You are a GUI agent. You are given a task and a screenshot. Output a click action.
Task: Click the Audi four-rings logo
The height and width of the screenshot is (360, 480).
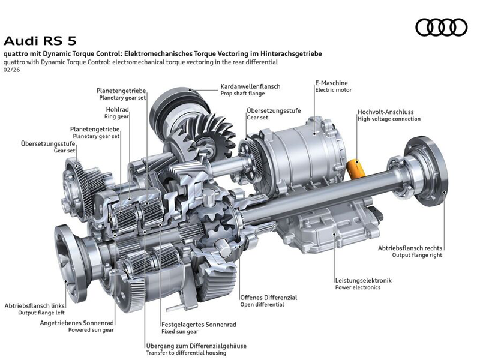click(x=441, y=27)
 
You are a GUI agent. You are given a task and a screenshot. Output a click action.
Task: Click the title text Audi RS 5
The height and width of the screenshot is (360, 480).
click(x=40, y=41)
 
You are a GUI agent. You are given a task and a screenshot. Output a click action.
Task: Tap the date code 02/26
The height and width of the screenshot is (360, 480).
click(x=11, y=70)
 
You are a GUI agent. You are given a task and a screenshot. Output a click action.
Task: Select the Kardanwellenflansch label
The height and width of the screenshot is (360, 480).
click(x=250, y=86)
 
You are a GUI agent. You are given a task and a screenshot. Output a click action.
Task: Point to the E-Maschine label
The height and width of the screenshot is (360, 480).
click(x=332, y=83)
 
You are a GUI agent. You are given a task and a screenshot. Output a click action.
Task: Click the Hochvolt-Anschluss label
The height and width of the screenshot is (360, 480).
click(x=385, y=112)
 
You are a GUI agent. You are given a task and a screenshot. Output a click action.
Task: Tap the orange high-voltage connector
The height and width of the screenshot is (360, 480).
click(x=356, y=169)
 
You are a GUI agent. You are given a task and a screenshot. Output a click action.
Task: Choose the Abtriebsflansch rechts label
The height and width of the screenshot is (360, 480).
click(x=410, y=248)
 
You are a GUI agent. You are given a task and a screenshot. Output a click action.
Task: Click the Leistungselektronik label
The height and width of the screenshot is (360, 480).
click(x=364, y=280)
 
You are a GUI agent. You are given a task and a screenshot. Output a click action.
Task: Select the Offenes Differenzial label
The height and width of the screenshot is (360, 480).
click(x=268, y=297)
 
